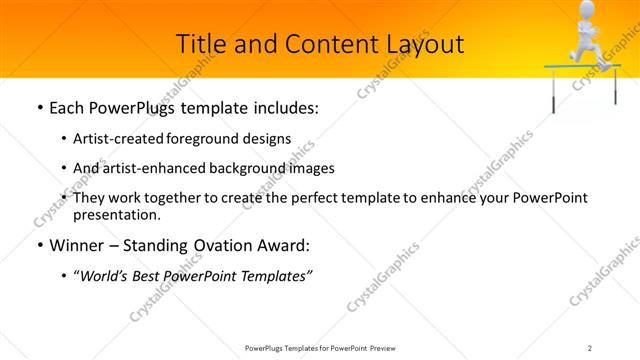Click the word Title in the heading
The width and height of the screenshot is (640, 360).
coord(200,44)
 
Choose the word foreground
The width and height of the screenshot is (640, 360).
coord(212,140)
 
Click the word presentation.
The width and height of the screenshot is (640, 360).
coord(116,214)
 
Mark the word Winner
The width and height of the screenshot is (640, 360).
coord(76,245)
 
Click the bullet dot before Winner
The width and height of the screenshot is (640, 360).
coord(38,245)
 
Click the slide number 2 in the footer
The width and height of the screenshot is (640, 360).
coord(590,347)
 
